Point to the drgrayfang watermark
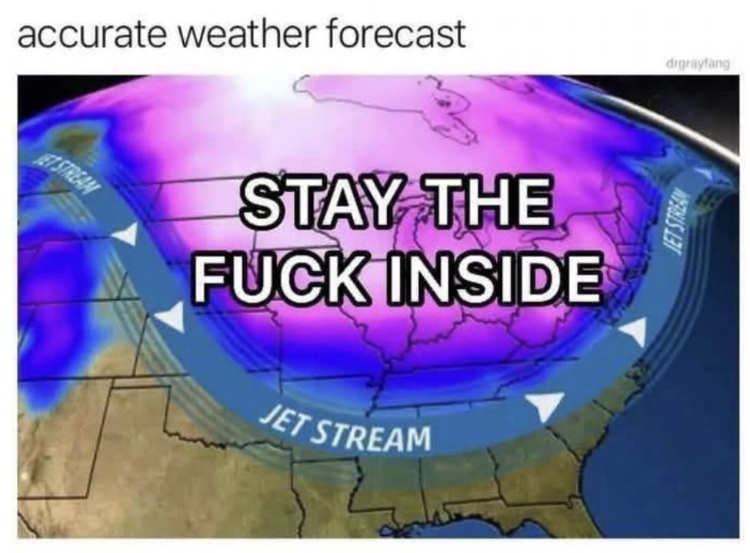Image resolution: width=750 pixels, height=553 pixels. click(704, 62)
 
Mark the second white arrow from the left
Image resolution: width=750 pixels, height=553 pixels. click(172, 316)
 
